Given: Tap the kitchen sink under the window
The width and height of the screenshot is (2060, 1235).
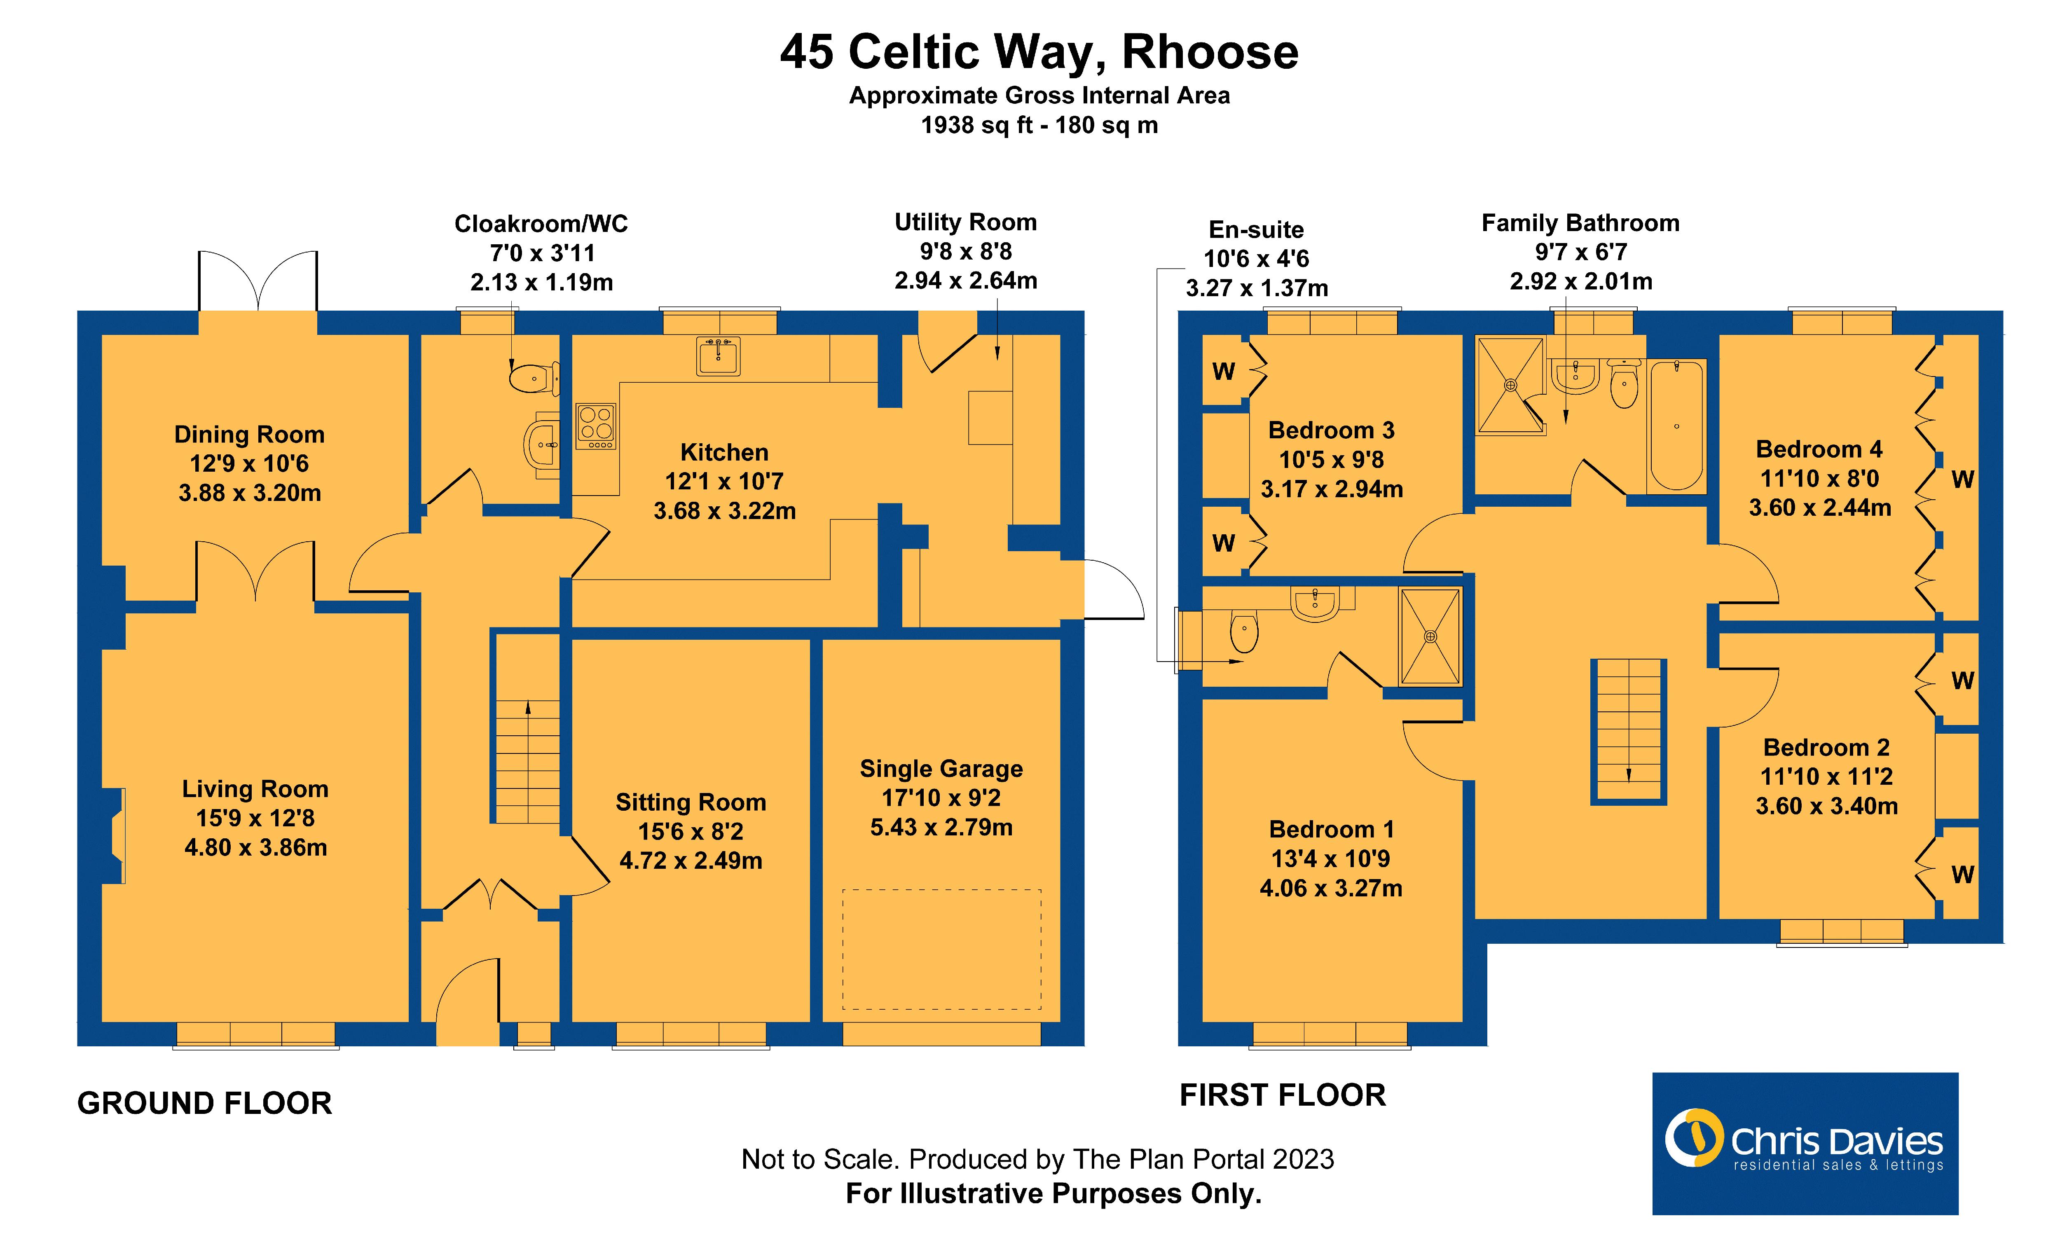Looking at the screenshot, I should click(x=717, y=356).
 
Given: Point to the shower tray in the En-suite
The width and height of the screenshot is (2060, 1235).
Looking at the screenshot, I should click(x=1430, y=636).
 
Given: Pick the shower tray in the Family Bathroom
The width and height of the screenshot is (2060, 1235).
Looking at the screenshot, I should click(x=1510, y=385).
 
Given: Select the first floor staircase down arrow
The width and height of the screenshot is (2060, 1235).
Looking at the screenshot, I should click(x=1628, y=774).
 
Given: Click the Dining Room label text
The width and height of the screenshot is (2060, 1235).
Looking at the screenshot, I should click(x=249, y=435).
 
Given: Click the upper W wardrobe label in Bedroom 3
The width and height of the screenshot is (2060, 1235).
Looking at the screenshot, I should click(x=1223, y=371).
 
